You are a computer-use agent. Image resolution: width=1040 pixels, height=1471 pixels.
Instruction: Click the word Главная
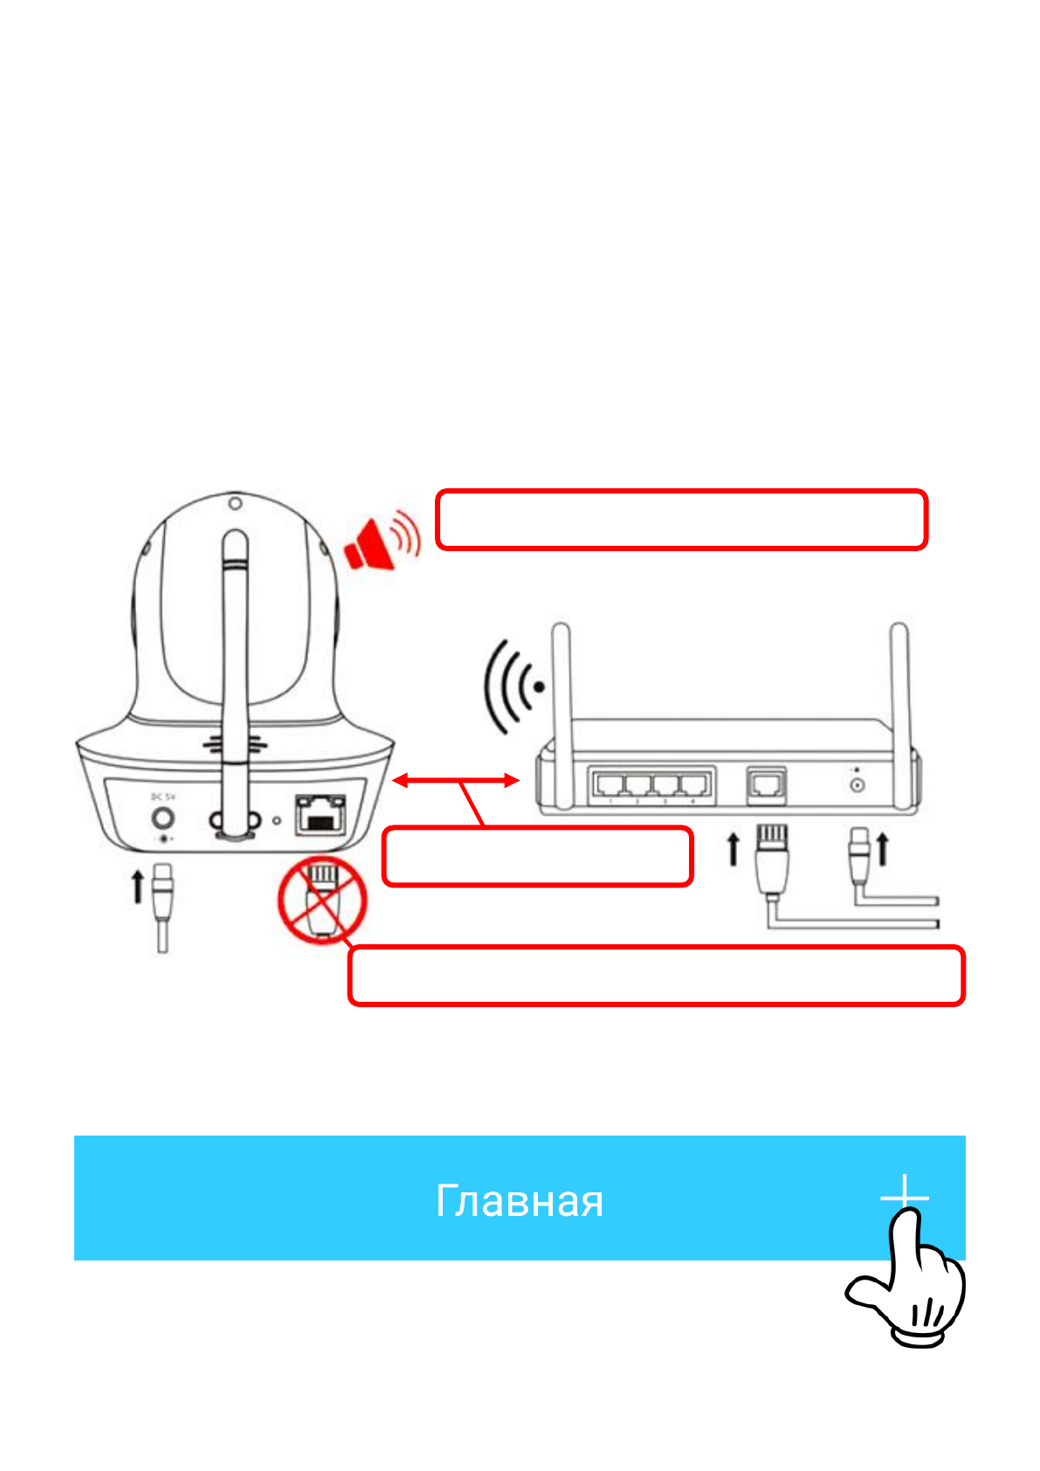tap(520, 1201)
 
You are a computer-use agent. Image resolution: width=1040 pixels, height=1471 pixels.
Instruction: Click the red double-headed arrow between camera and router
tap(455, 781)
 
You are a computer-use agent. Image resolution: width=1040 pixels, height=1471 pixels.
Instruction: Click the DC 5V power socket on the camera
tap(162, 819)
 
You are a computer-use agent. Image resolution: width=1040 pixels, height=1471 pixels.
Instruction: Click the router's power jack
tap(857, 784)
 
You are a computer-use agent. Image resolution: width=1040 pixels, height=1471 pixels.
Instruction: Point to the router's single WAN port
tap(767, 784)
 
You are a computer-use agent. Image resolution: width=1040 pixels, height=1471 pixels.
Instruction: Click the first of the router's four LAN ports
tap(610, 784)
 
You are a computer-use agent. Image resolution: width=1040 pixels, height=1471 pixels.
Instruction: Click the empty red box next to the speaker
tap(681, 520)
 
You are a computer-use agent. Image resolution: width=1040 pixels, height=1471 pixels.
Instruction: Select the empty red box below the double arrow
tap(538, 856)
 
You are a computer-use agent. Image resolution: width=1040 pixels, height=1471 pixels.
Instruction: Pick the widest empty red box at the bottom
tap(657, 976)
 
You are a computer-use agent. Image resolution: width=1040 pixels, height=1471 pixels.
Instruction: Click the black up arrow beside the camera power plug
tap(137, 885)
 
